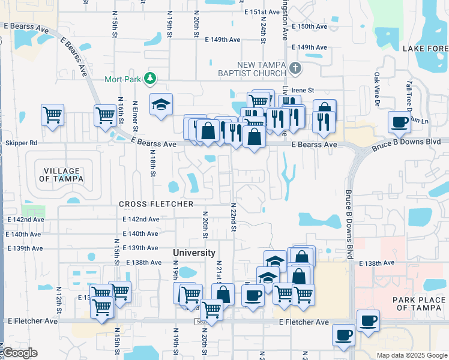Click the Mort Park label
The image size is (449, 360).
click(122, 79)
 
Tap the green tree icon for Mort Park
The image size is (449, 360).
click(150, 79)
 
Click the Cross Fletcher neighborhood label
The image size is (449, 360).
click(156, 204)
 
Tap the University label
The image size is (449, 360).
click(194, 253)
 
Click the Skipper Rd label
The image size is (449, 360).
click(21, 143)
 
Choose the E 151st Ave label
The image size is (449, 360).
click(262, 12)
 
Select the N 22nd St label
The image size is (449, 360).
click(233, 217)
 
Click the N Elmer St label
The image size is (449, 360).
click(136, 117)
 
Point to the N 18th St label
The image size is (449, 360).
click(153, 163)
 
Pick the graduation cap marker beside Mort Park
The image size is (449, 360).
click(161, 106)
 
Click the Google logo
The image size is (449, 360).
click(20, 352)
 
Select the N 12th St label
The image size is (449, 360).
click(59, 303)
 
